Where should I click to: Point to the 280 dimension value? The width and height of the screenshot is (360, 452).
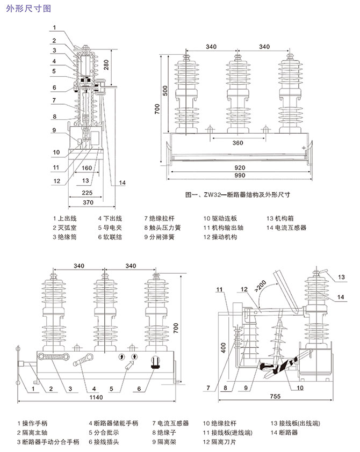pyautogui.click(x=106, y=65)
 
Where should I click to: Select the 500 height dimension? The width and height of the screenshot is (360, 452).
pyautogui.click(x=165, y=92)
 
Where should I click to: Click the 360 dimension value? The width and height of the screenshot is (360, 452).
pyautogui.click(x=237, y=143)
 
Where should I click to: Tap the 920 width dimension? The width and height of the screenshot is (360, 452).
pyautogui.click(x=239, y=167)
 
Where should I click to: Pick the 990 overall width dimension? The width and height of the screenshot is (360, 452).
pyautogui.click(x=239, y=177)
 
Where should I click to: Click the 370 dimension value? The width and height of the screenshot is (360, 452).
pyautogui.click(x=89, y=202)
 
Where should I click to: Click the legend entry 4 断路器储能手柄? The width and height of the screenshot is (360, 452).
pyautogui.click(x=113, y=424)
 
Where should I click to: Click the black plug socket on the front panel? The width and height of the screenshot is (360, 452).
pyautogui.click(x=157, y=363)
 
